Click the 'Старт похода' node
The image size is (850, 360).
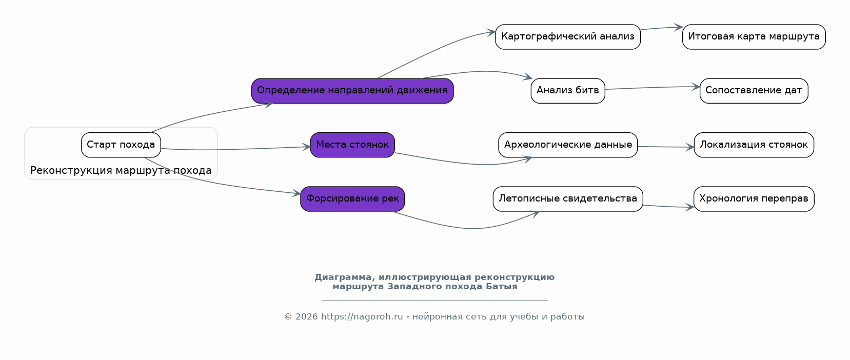tap(121, 145)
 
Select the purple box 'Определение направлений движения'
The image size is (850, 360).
tap(352, 91)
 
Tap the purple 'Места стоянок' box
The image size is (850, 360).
tap(352, 145)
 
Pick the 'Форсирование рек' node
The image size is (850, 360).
tap(352, 199)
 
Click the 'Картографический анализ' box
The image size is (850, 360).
tap(568, 37)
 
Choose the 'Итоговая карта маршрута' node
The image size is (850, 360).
tap(754, 37)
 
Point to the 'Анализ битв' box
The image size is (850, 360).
tap(568, 91)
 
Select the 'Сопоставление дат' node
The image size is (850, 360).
tap(754, 91)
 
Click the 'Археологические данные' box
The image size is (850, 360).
tap(568, 145)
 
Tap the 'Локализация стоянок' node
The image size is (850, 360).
tap(754, 145)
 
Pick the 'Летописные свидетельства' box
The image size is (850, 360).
tap(568, 199)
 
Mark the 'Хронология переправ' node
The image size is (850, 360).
tap(754, 199)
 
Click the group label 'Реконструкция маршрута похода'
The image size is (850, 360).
tap(121, 170)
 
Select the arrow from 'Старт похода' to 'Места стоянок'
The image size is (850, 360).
tap(235, 149)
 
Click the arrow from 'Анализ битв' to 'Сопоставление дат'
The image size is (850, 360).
tap(653, 88)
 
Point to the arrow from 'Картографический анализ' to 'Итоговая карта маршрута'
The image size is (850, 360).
tap(662, 28)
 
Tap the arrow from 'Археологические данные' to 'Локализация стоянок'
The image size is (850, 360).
tap(666, 147)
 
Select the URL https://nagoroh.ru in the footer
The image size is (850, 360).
tap(362, 316)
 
